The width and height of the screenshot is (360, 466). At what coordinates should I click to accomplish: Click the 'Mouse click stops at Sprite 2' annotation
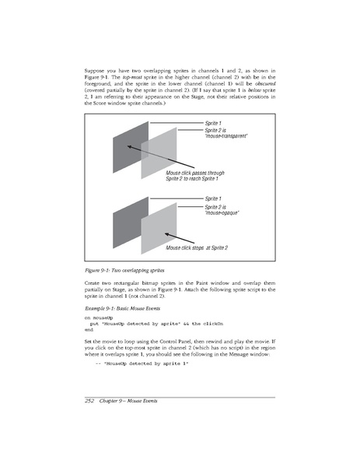coord(199,247)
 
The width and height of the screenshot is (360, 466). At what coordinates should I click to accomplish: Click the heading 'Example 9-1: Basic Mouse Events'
coord(125,310)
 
